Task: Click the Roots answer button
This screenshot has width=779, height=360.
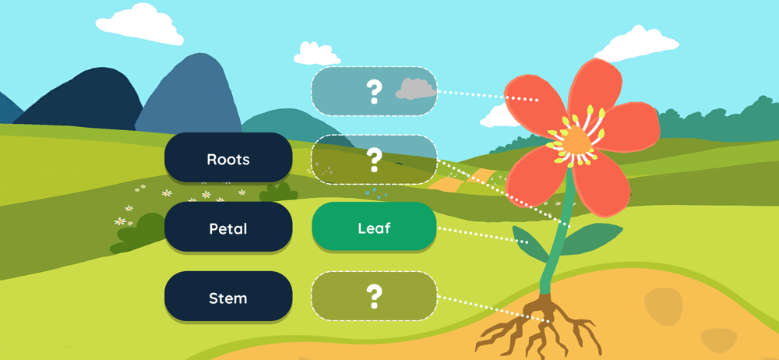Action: [228, 159]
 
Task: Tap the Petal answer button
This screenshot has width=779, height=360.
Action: [228, 228]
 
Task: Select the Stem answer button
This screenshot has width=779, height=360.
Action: [228, 298]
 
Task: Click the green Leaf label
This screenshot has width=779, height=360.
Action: [374, 228]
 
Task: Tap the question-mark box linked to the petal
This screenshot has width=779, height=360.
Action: [374, 92]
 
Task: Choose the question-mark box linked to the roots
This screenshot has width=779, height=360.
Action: [374, 296]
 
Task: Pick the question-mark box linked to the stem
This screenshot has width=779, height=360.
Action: [374, 160]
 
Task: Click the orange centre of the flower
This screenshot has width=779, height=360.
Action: [575, 140]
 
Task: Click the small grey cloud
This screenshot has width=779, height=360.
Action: [416, 90]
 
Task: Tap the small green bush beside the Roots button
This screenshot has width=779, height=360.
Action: [278, 191]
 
